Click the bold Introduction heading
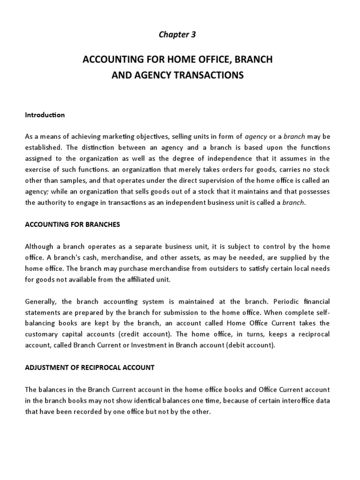click(x=45, y=115)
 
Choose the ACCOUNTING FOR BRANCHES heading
click(x=73, y=225)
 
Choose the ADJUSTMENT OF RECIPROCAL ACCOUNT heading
click(x=89, y=367)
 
